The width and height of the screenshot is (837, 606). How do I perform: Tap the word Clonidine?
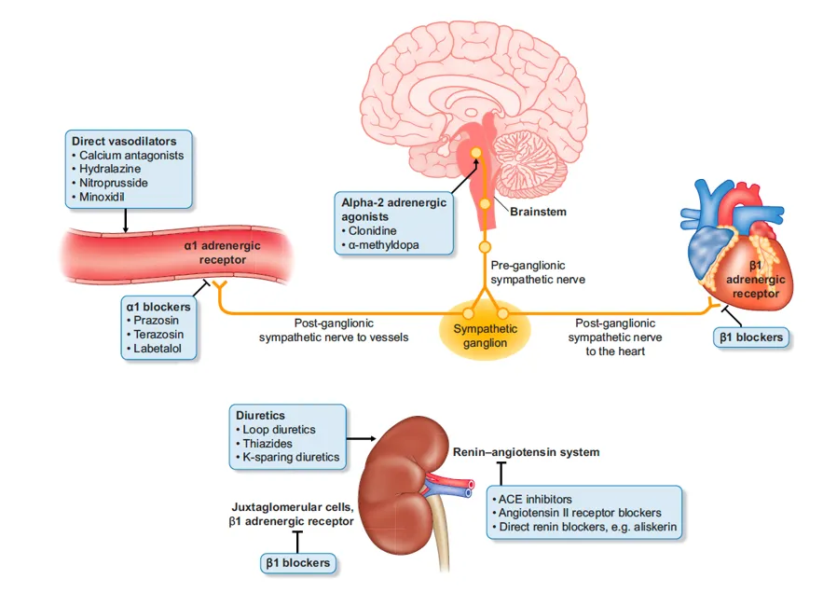(375, 230)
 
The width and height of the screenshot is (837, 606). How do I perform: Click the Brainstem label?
(538, 212)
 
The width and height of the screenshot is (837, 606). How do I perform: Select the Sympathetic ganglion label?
(486, 336)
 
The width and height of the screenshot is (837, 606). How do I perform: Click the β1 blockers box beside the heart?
(750, 337)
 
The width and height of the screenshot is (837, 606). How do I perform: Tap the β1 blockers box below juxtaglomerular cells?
(297, 562)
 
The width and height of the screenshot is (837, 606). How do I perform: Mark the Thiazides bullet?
(270, 444)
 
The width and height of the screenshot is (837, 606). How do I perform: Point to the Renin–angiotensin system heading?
(526, 452)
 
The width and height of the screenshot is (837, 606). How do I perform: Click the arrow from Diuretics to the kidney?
(362, 436)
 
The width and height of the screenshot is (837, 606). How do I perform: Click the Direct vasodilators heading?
(124, 141)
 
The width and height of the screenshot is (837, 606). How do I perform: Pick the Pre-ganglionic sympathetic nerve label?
(538, 271)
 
